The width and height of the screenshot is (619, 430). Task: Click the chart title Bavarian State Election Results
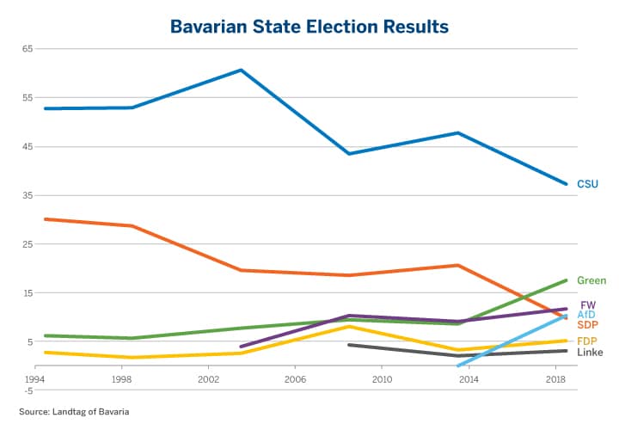(309, 27)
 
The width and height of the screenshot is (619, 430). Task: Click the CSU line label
(587, 184)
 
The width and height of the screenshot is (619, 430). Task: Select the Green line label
(591, 280)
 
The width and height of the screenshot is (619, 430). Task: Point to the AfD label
(586, 315)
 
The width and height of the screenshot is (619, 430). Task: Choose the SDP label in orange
(588, 324)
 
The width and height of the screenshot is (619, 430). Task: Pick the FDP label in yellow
(587, 341)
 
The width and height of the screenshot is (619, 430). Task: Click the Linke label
(590, 353)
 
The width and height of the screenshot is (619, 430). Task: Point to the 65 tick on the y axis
(27, 48)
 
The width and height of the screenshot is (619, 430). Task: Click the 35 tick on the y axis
(27, 195)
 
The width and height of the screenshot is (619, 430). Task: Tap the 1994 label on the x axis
(34, 378)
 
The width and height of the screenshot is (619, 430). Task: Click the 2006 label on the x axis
(295, 378)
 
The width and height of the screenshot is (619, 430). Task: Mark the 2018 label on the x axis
(555, 378)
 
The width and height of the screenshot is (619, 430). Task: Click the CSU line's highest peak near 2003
(242, 70)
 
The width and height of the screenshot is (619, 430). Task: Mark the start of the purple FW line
(242, 347)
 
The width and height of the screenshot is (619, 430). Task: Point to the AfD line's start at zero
(459, 365)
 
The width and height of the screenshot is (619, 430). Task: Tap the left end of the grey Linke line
(349, 345)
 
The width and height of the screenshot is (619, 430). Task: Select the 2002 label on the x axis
(208, 378)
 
